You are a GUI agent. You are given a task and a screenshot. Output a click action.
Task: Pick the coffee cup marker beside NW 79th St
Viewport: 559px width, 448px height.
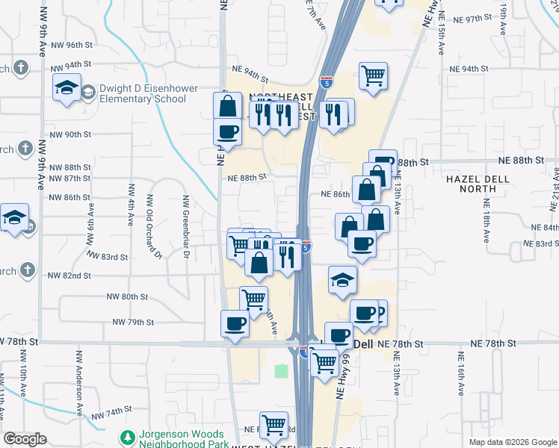coord(235,324)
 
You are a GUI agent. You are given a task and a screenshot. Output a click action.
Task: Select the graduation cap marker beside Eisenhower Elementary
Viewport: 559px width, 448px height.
coord(67,87)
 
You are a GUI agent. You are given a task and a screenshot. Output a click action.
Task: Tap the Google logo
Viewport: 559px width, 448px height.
coord(25,440)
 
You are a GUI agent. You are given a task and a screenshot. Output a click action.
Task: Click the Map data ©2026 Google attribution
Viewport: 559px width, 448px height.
coord(512,442)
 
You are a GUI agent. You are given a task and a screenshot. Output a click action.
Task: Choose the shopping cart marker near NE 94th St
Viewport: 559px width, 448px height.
coord(373,75)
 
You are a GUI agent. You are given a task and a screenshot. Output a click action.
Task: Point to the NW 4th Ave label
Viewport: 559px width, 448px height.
coord(132,205)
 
